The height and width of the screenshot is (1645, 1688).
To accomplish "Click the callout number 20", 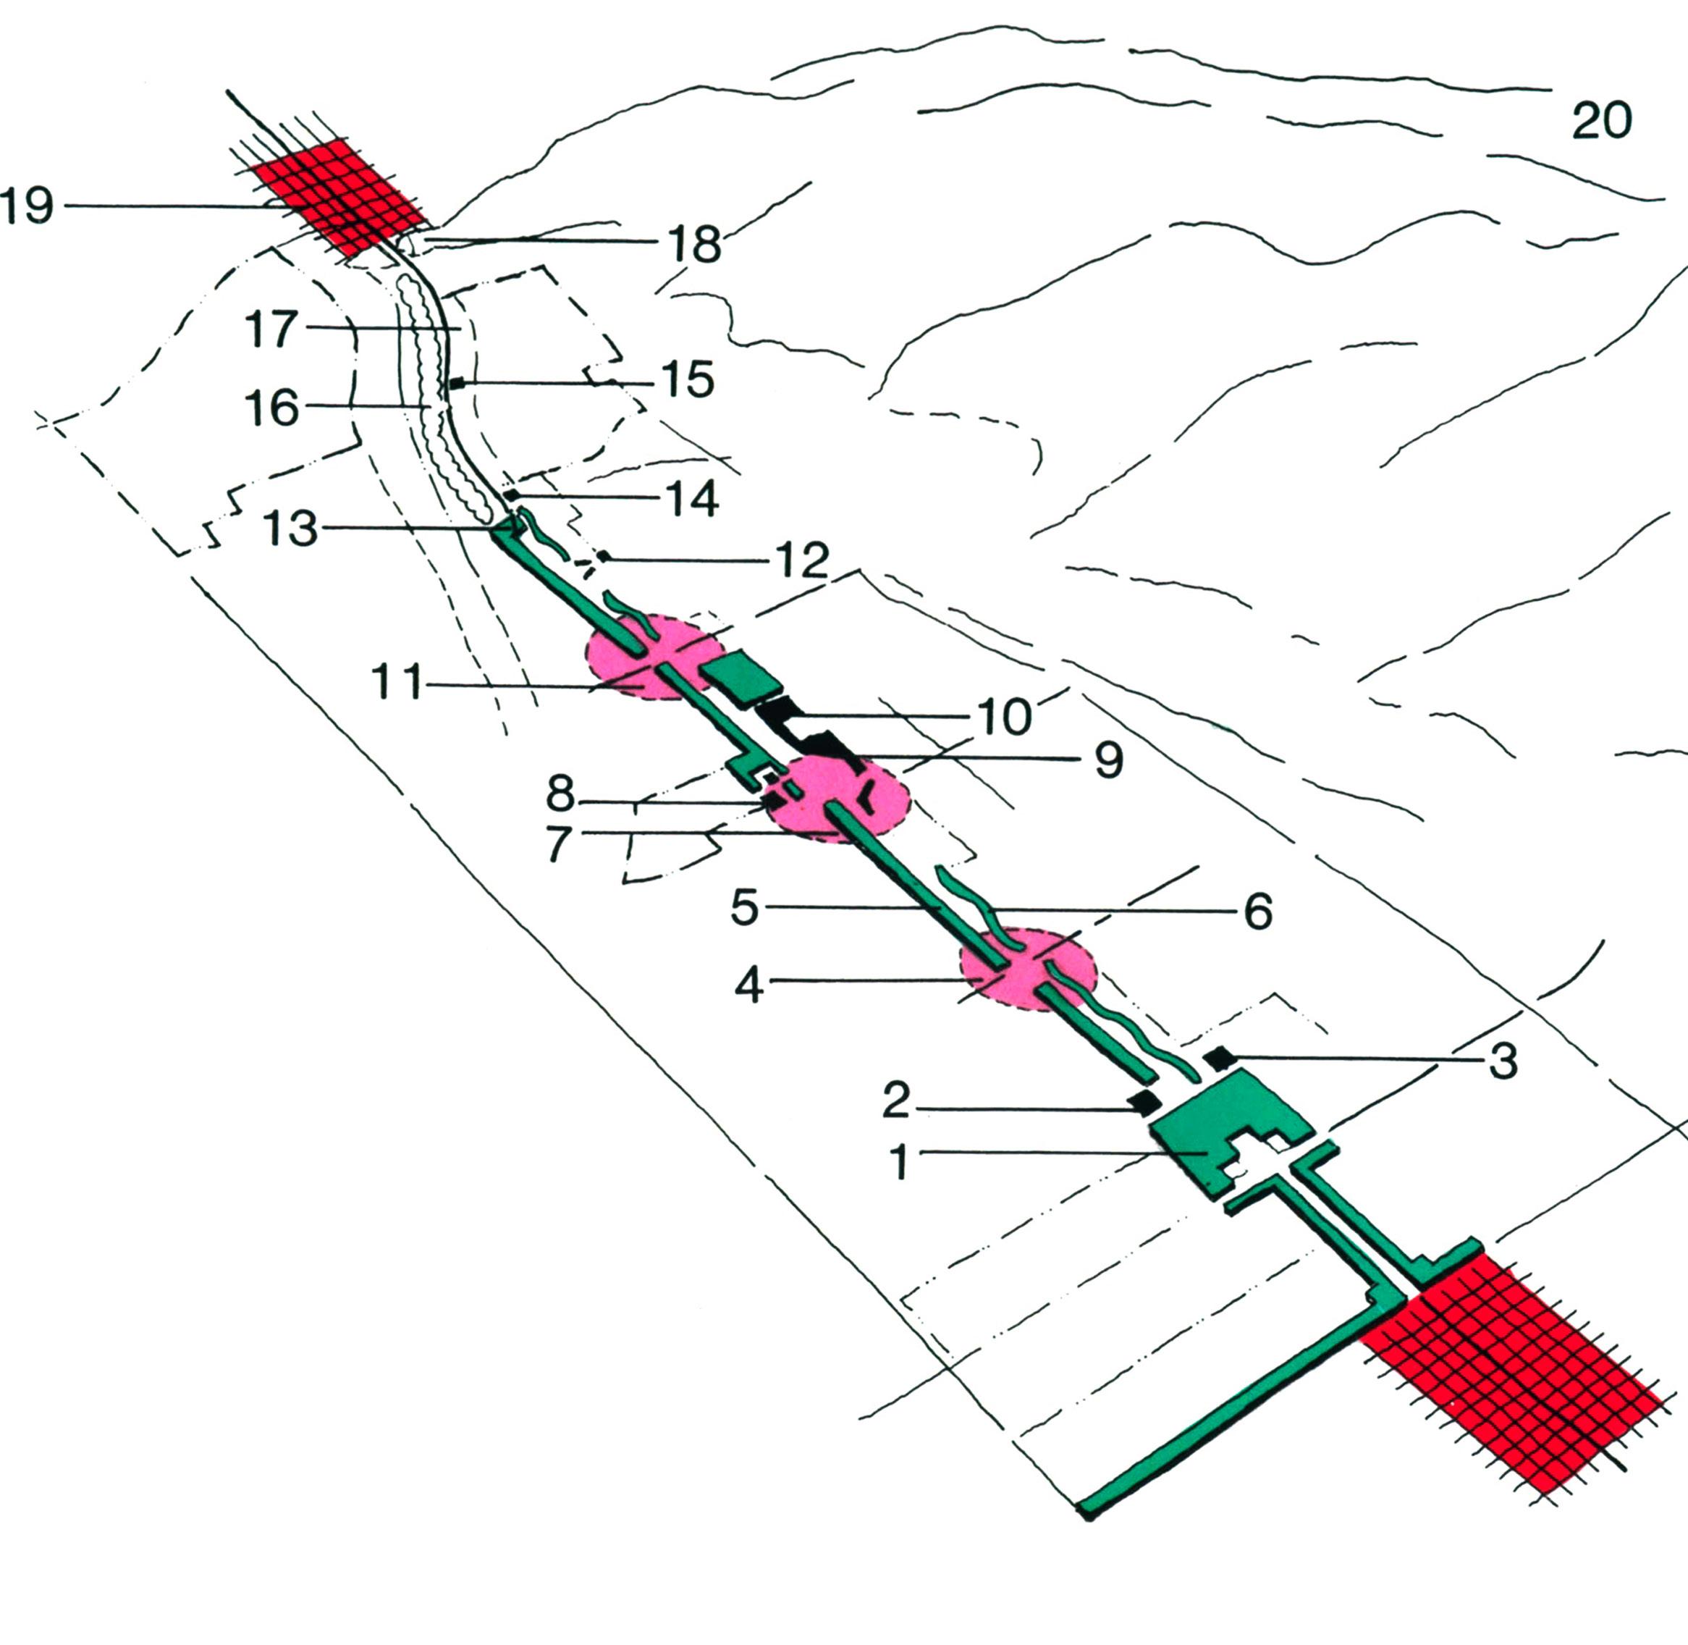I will (x=1602, y=121).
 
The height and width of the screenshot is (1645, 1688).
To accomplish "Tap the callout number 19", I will (x=28, y=206).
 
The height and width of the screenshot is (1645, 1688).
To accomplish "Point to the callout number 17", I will (x=271, y=329).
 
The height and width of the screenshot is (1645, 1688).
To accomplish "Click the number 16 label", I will (x=271, y=408).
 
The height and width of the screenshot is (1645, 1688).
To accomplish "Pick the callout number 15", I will (x=688, y=380).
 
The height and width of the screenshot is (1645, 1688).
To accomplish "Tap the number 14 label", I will (x=692, y=500).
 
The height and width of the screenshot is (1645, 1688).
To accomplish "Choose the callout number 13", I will (x=290, y=529).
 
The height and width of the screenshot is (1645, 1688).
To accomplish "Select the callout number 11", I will (x=397, y=681).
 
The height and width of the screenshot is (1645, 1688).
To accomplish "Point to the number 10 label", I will (x=1005, y=717).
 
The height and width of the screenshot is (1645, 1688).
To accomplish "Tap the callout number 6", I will (x=1259, y=912).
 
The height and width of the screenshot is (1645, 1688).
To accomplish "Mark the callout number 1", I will (x=900, y=1162).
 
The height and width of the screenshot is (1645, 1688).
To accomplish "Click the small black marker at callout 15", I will (x=457, y=383).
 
